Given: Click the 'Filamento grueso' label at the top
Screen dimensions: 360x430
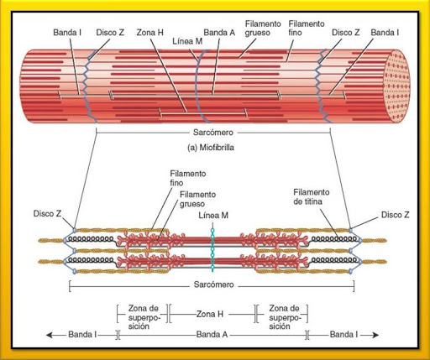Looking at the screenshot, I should point(263,30).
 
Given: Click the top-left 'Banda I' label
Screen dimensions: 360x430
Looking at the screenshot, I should point(67,32).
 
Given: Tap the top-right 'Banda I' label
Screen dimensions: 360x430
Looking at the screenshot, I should point(385,32).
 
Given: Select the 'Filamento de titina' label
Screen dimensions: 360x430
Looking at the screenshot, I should point(311,196).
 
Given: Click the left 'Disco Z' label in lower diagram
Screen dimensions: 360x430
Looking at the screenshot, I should point(48,214).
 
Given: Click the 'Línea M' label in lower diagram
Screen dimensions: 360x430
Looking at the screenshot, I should point(213,216).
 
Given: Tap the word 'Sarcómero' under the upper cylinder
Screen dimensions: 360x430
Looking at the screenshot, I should point(213,133).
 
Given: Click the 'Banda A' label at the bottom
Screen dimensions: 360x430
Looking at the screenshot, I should point(213,333).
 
